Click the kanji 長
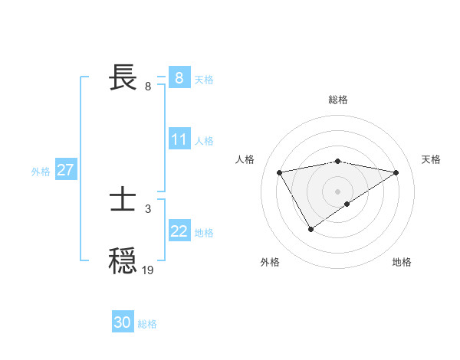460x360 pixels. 124,77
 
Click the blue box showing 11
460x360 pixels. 179,139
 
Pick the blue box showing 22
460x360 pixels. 179,231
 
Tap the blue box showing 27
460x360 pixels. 65,170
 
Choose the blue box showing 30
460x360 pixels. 123,322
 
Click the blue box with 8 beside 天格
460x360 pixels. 179,77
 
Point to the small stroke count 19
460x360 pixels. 147,270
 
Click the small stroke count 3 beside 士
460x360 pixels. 147,208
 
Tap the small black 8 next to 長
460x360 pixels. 147,86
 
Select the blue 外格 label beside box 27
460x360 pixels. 41,172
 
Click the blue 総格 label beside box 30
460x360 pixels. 147,324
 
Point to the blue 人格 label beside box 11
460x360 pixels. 204,141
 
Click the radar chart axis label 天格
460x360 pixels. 431,159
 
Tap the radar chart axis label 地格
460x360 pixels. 402,262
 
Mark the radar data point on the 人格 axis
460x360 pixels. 280,172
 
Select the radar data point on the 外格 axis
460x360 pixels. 310,228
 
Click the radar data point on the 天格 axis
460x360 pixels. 396,172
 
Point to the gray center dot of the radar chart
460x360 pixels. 337,191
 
